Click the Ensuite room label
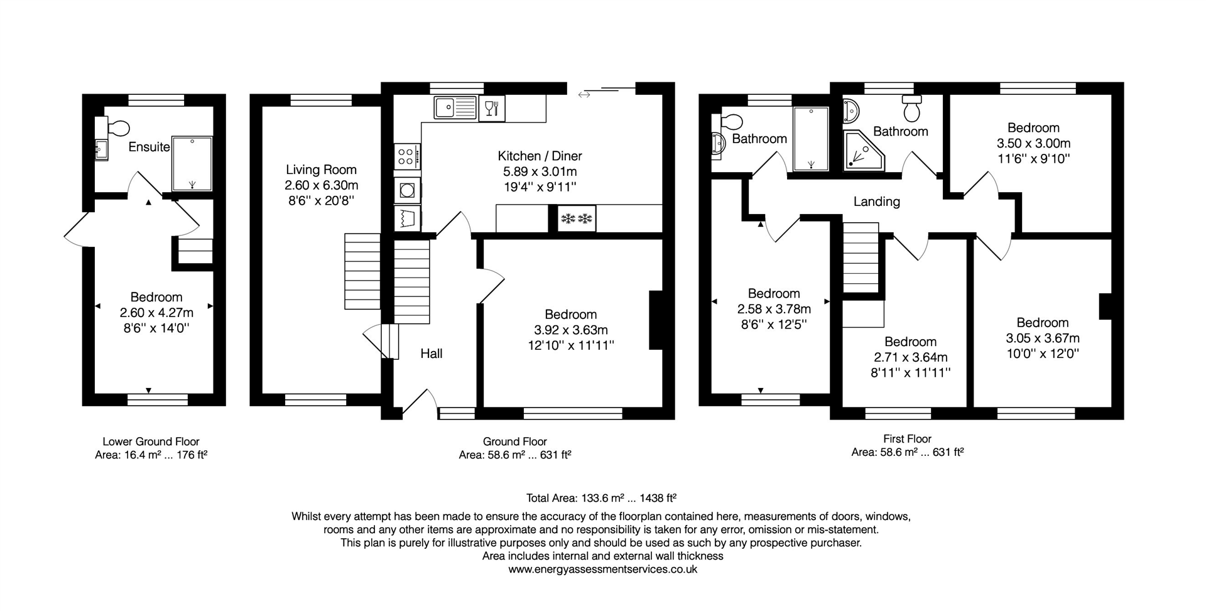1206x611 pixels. (149, 147)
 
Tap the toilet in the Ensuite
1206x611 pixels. (117, 128)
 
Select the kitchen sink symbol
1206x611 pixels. (455, 108)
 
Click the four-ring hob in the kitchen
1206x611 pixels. (406, 156)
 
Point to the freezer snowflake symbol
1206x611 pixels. (577, 219)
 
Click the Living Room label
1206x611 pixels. (321, 170)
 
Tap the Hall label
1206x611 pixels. (431, 354)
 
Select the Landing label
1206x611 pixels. (876, 202)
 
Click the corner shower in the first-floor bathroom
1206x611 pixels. (863, 152)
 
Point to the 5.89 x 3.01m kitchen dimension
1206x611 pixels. (540, 171)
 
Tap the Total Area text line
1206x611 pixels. (601, 499)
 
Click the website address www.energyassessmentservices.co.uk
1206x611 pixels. (602, 570)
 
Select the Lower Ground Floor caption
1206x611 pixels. (151, 441)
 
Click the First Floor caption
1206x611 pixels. (907, 439)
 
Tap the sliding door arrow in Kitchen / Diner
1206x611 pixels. (584, 95)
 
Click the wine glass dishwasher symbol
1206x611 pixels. (492, 108)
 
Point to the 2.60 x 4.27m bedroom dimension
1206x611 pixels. (156, 313)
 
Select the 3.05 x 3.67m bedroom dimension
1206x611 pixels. (1043, 338)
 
